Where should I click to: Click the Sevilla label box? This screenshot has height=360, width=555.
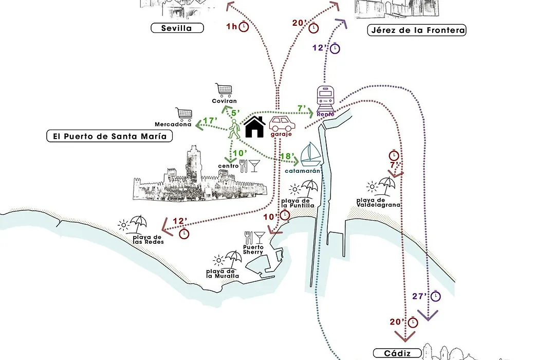pyautogui.click(x=176, y=28)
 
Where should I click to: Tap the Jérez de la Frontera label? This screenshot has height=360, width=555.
pyautogui.click(x=417, y=30)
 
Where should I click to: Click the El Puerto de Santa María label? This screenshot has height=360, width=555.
pyautogui.click(x=109, y=136)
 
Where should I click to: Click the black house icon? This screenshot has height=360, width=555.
pyautogui.click(x=254, y=127)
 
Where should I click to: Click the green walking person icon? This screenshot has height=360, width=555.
pyautogui.click(x=234, y=129)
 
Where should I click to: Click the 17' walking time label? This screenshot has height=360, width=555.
pyautogui.click(x=209, y=121)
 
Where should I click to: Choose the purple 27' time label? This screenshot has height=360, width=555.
pyautogui.click(x=420, y=296)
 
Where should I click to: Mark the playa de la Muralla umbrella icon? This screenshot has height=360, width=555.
pyautogui.click(x=233, y=257)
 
